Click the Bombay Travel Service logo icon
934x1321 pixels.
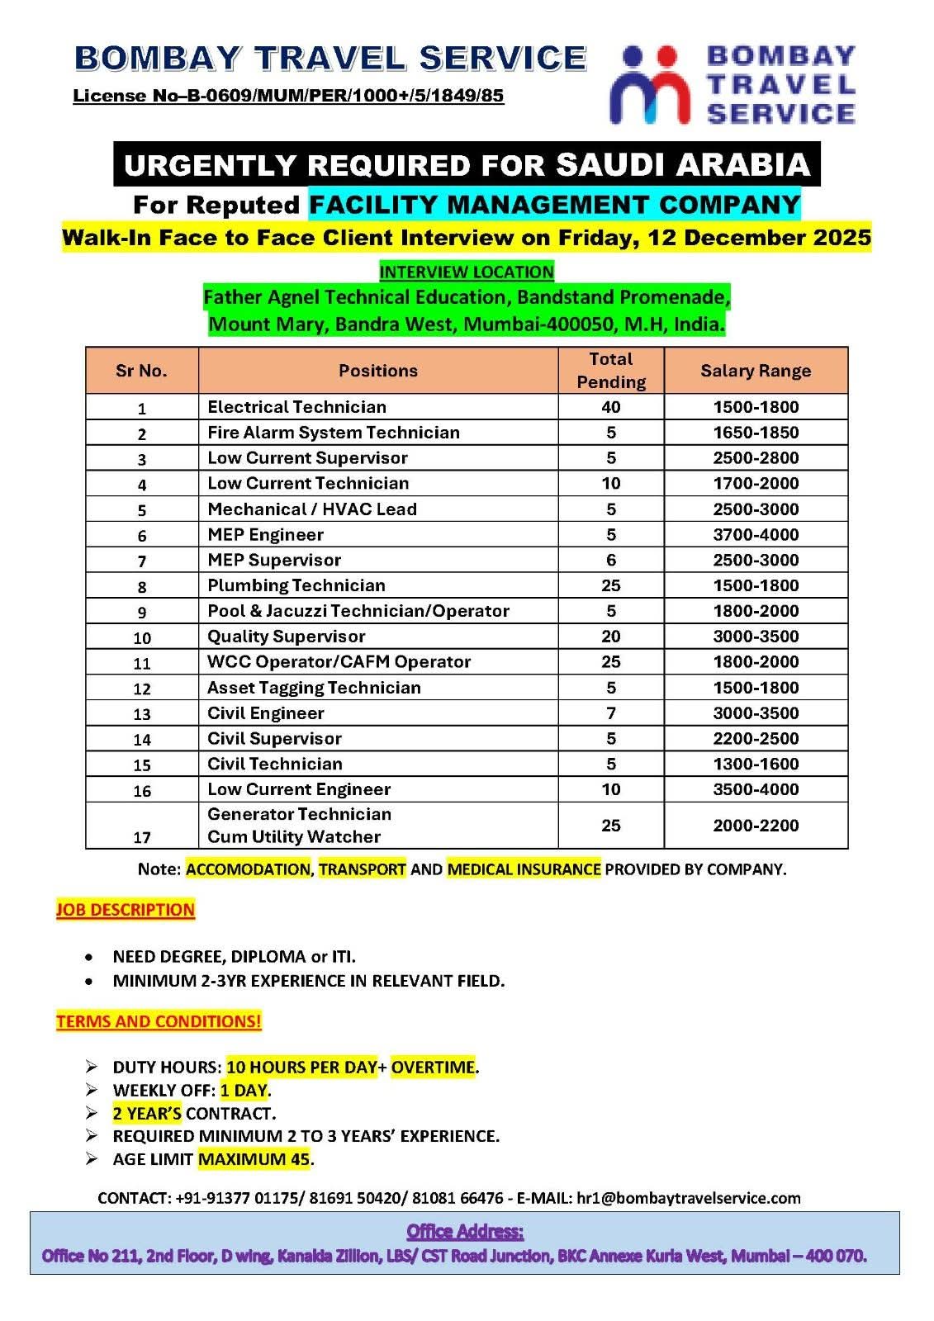649,84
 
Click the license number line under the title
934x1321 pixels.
288,96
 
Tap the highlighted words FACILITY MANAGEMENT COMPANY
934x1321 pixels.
554,204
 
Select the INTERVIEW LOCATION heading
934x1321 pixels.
467,272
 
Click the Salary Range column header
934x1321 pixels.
756,371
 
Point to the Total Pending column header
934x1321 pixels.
611,371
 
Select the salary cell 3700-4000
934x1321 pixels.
756,534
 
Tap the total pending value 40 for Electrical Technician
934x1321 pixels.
611,407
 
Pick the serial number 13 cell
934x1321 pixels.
142,714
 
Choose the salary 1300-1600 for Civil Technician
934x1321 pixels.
756,764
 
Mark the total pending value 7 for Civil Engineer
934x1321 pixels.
611,713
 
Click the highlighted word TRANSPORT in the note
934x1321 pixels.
363,869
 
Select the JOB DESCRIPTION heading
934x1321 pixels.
126,910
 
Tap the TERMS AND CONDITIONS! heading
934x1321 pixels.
159,1021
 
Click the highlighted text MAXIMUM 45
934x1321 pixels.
254,1159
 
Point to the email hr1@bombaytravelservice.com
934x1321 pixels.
689,1198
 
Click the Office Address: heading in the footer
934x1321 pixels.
465,1232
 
